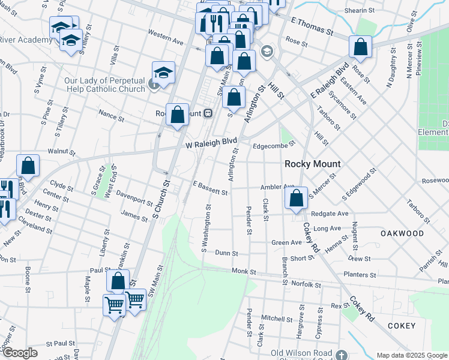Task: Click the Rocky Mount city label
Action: pyautogui.click(x=312, y=164)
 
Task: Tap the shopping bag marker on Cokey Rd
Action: pyautogui.click(x=297, y=199)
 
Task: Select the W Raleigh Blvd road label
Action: pyautogui.click(x=211, y=144)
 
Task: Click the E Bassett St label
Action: pyautogui.click(x=210, y=190)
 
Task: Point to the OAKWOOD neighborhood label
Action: pyautogui.click(x=402, y=233)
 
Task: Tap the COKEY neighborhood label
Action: pyautogui.click(x=401, y=326)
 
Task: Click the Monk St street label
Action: pyautogui.click(x=244, y=272)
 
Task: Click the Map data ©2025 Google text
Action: pyautogui.click(x=412, y=355)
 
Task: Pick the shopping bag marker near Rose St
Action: pyautogui.click(x=360, y=47)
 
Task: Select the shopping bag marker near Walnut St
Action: pyautogui.click(x=28, y=166)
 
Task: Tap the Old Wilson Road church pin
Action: pyautogui.click(x=341, y=355)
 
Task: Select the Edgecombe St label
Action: pyautogui.click(x=274, y=144)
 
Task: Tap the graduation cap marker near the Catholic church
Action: pyautogui.click(x=163, y=73)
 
